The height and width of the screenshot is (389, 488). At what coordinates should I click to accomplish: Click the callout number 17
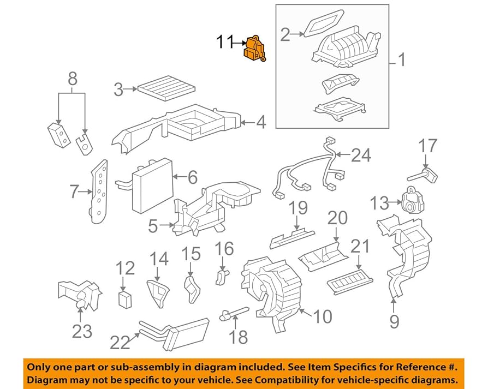(x=428, y=146)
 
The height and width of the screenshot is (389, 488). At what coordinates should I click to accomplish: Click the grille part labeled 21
(x=350, y=278)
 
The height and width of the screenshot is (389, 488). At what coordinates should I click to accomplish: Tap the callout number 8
(x=72, y=80)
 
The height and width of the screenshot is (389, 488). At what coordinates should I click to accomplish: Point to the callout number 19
(x=298, y=208)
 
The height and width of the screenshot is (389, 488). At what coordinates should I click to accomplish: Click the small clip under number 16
(x=222, y=276)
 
